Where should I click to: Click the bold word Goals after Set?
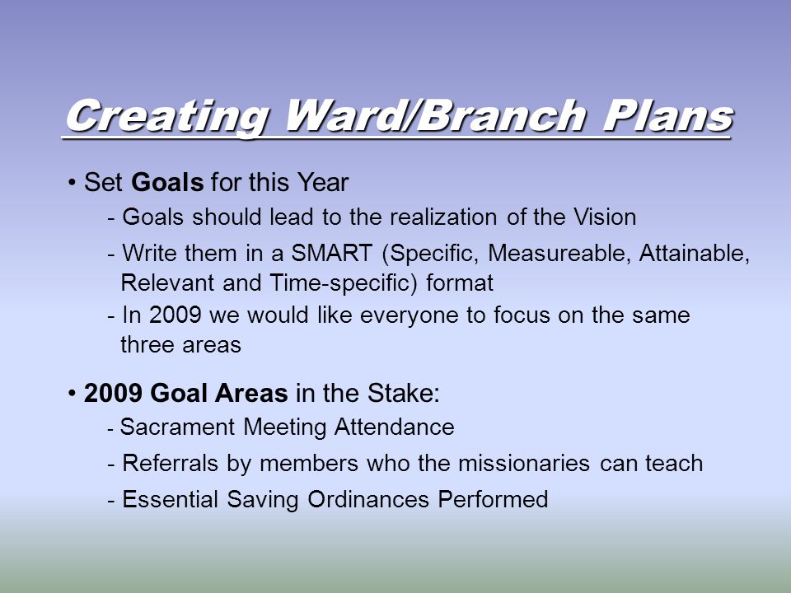point(167,182)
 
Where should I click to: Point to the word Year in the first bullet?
point(322,182)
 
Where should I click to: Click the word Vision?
point(604,217)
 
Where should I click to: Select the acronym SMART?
point(332,253)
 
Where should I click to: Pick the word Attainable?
point(694,253)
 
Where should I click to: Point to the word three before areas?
point(147,345)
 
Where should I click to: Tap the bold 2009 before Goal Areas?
point(113,394)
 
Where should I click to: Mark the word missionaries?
point(524,464)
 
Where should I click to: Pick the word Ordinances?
point(368,499)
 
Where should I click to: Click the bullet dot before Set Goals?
point(73,183)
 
